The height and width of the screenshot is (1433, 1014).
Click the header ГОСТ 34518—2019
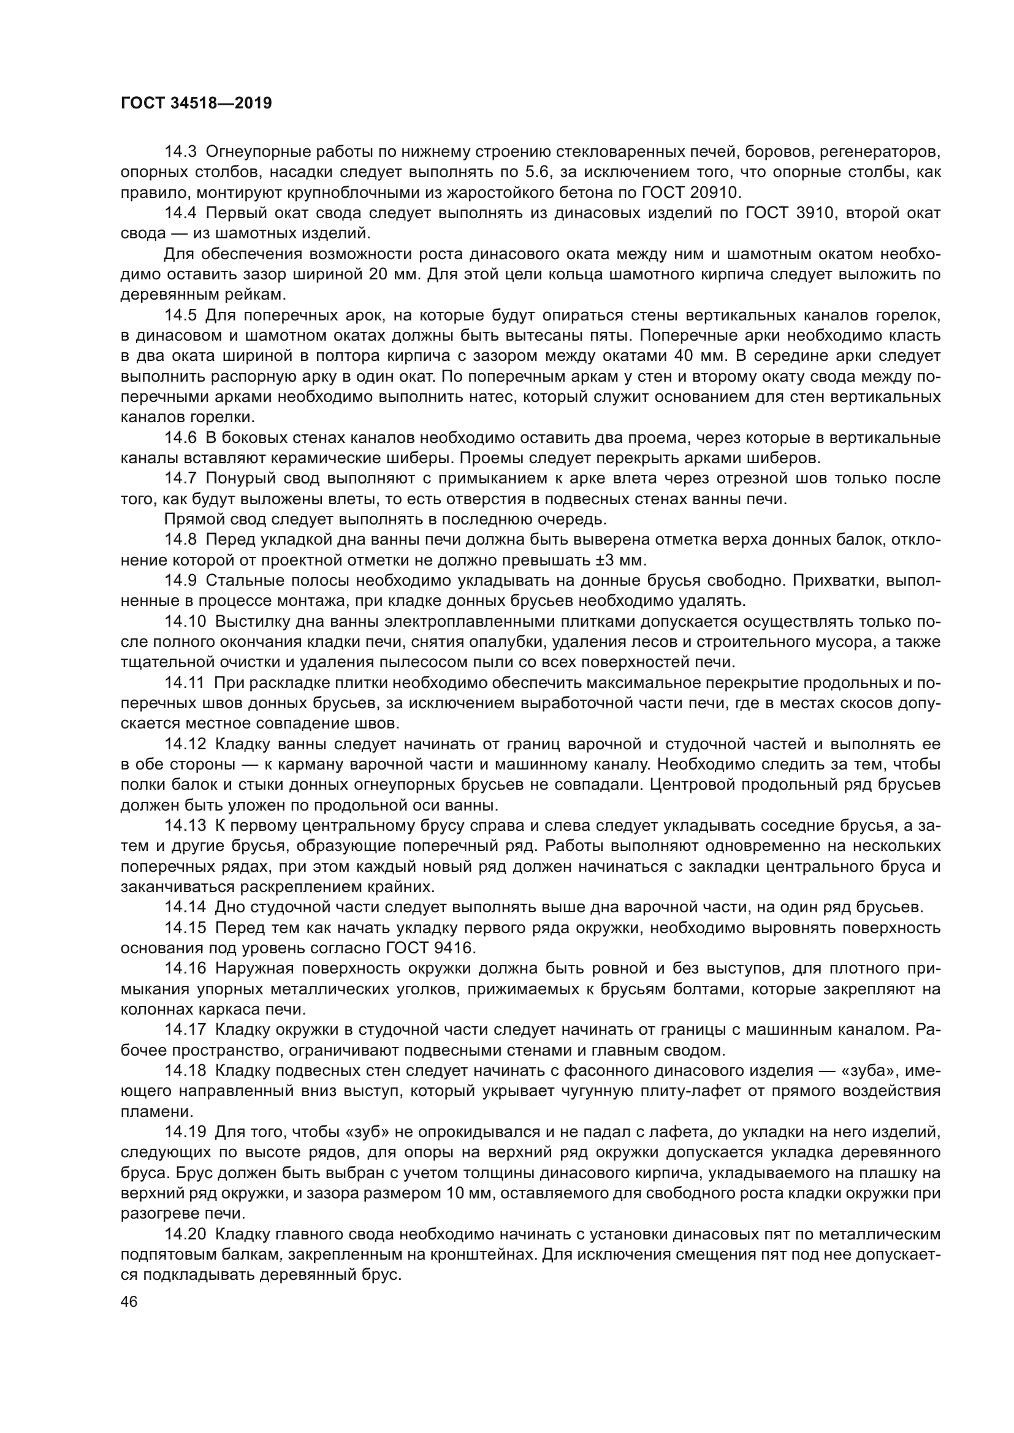[x=196, y=104]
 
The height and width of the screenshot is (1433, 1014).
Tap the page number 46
[x=129, y=1301]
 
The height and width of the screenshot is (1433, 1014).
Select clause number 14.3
[x=180, y=152]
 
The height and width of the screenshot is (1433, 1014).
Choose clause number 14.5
[x=180, y=315]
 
